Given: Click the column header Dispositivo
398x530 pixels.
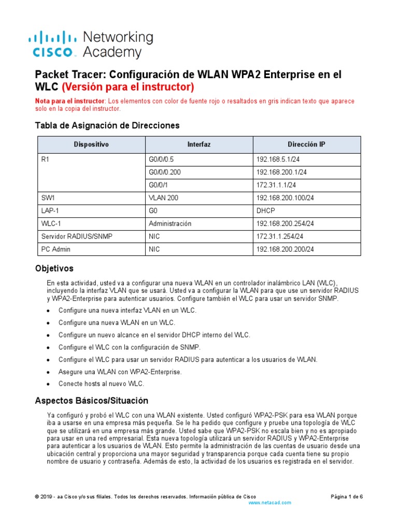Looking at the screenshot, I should pos(91,144).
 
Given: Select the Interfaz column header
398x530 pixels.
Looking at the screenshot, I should pos(199,144).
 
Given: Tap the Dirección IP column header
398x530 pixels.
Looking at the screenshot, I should pos(306,144).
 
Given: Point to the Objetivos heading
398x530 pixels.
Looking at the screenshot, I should pos(54,269).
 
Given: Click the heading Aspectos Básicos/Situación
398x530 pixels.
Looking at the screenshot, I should pos(91,401).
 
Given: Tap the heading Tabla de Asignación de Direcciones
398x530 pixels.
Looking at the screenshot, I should pos(107,126).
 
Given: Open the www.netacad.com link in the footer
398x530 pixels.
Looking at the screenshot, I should pos(270,503).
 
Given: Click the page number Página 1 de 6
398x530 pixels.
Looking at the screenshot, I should pos(347,496).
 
